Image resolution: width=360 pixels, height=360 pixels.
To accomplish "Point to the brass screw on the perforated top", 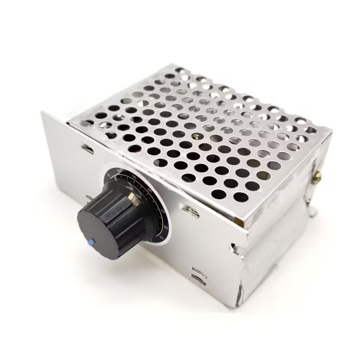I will (194, 135).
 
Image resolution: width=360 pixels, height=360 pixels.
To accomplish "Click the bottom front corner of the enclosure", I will (232, 306).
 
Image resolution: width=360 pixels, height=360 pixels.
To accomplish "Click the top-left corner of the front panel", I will (43, 112).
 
